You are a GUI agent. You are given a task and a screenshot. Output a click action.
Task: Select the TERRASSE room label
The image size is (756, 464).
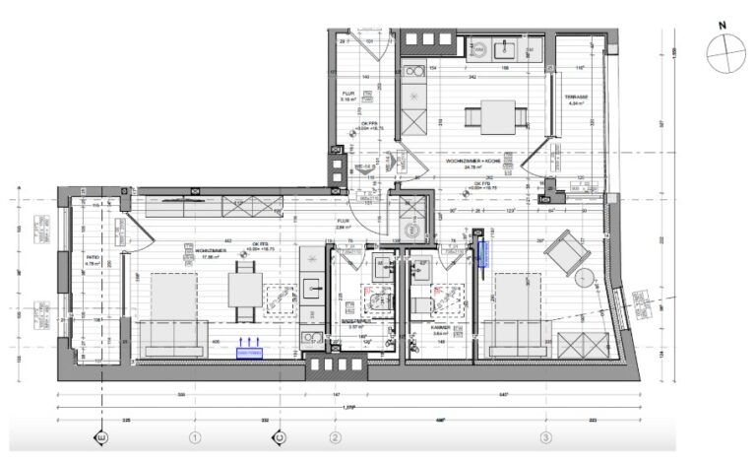point(576,98)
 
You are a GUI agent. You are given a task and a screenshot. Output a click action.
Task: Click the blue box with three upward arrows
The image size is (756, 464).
point(250,348)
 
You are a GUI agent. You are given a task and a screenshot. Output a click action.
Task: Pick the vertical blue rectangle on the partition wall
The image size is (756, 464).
point(482,254)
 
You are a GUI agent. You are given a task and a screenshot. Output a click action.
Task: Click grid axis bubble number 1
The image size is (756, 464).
point(194,436)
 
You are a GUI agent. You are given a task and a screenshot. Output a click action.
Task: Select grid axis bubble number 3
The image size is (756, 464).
point(544,436)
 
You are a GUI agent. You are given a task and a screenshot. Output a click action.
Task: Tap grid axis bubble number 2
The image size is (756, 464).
point(336,436)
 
